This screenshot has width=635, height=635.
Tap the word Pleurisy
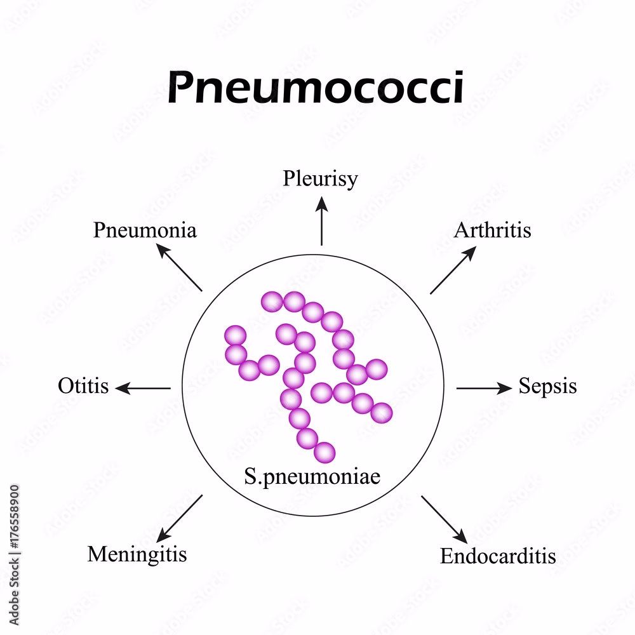pyautogui.click(x=320, y=178)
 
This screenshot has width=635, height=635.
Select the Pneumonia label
pyautogui.click(x=145, y=230)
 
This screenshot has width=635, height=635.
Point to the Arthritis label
pyautogui.click(x=492, y=230)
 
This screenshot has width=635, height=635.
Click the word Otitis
pyautogui.click(x=83, y=386)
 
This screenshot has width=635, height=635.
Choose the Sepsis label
pyautogui.click(x=547, y=386)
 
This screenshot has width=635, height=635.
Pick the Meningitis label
pyautogui.click(x=137, y=554)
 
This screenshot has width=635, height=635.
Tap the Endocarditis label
pyautogui.click(x=498, y=556)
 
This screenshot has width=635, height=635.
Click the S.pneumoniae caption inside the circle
pyautogui.click(x=312, y=476)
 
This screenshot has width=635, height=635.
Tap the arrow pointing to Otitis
pyautogui.click(x=144, y=388)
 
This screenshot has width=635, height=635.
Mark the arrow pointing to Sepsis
pyautogui.click(x=484, y=388)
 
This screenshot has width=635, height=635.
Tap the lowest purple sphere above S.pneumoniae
pyautogui.click(x=324, y=452)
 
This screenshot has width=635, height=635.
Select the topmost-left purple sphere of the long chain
pyautogui.click(x=272, y=300)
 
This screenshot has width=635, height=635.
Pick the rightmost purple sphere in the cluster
pyautogui.click(x=382, y=413)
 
